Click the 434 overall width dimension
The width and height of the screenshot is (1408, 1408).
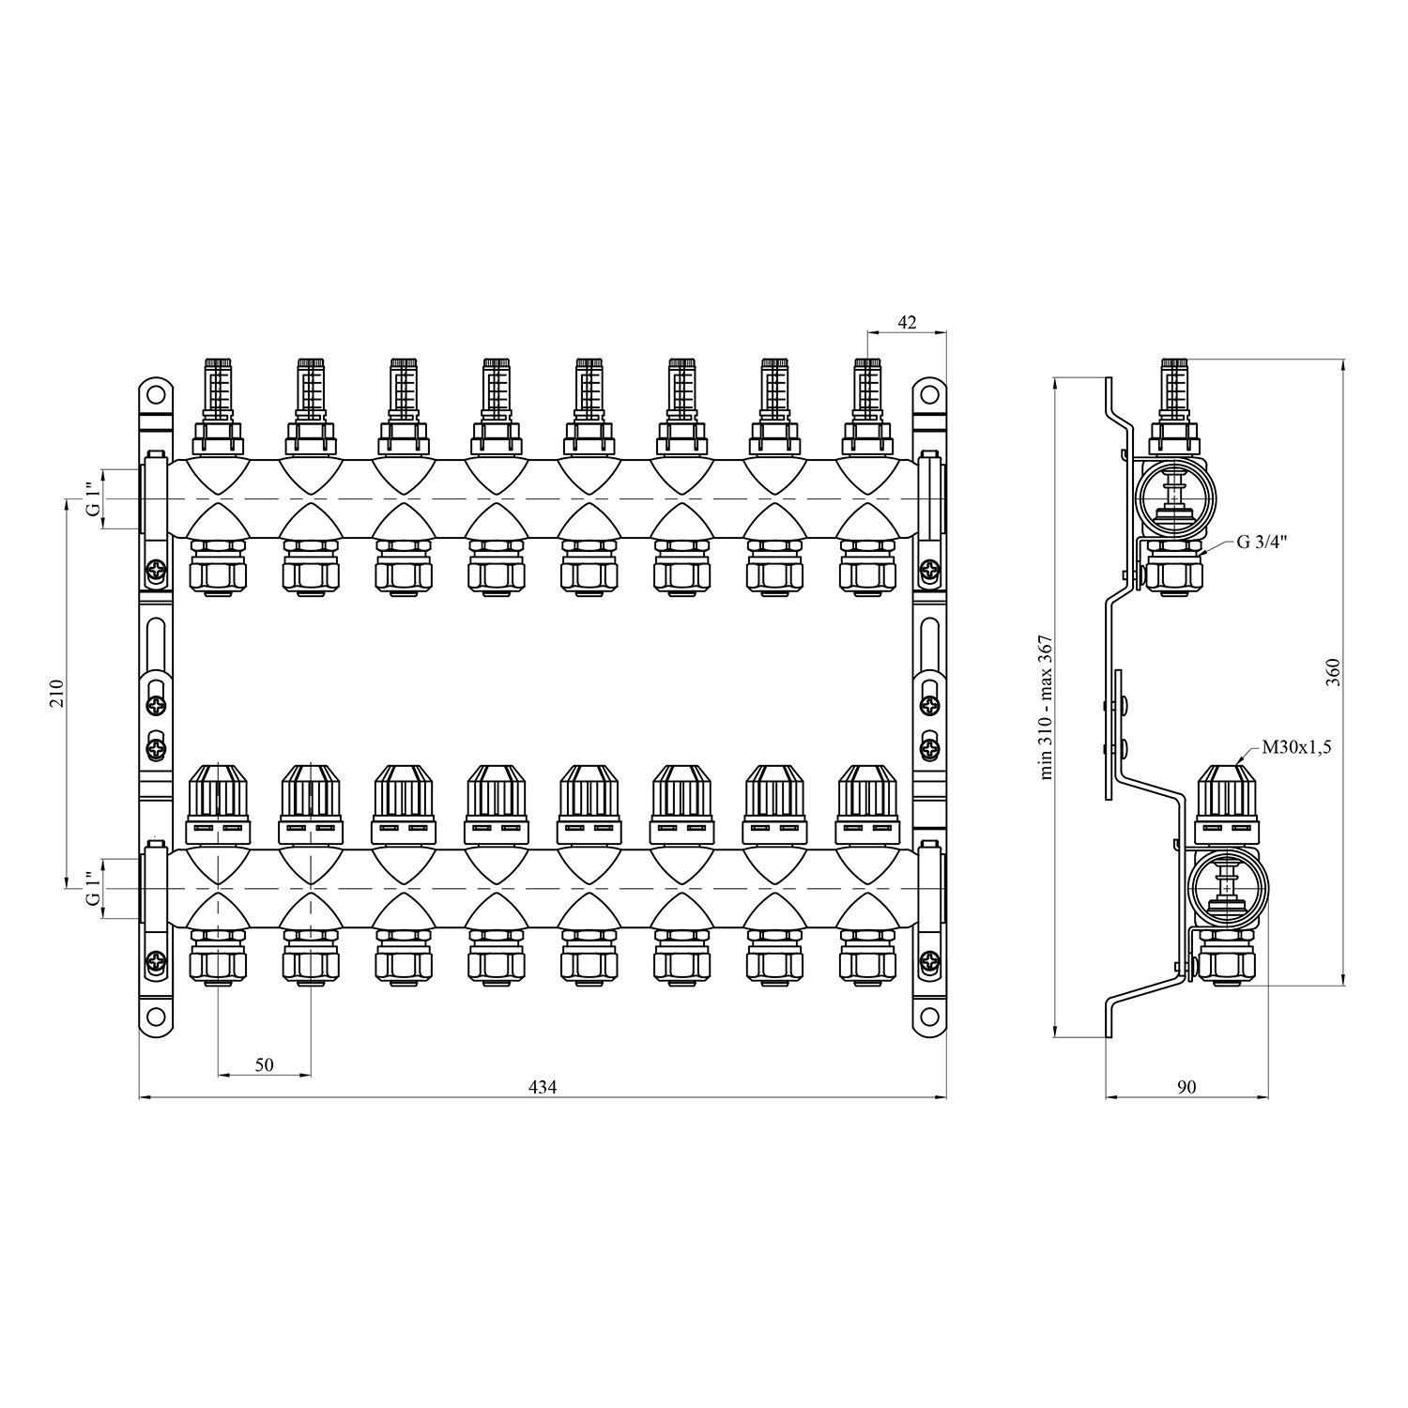tap(543, 1087)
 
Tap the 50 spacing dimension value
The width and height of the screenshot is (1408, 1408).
tap(264, 1064)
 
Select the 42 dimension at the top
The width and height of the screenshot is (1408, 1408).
tap(907, 322)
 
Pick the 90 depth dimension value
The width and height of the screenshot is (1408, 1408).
tap(1186, 1087)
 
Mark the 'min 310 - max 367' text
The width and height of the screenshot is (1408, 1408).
tap(1048, 707)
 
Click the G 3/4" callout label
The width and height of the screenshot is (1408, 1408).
tap(1261, 542)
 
